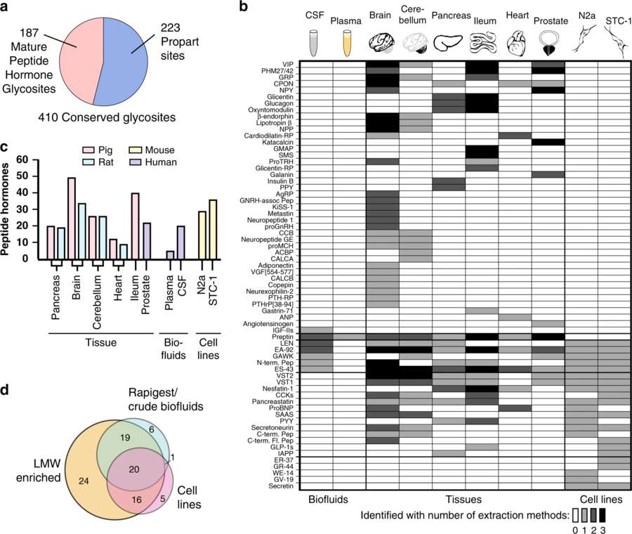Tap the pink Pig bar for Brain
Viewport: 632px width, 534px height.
coord(71,218)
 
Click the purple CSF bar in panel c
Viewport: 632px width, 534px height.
coord(180,242)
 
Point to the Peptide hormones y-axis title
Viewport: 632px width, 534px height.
coord(7,211)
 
